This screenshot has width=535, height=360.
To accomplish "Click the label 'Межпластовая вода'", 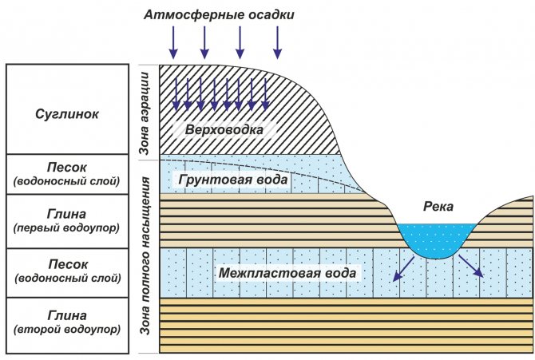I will (287, 273).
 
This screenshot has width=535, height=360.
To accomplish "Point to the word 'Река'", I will (438, 207).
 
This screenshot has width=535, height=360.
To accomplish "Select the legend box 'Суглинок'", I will (67, 114).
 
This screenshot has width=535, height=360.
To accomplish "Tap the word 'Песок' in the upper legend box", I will (67, 168).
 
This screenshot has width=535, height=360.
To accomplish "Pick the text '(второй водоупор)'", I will (67, 329).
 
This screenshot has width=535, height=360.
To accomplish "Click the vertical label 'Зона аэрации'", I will (145, 112).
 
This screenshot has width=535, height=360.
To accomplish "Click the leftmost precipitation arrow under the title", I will (172, 42).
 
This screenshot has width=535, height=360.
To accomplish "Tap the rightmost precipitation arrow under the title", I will (278, 42).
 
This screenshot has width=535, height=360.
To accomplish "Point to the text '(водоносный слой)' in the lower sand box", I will (67, 278).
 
